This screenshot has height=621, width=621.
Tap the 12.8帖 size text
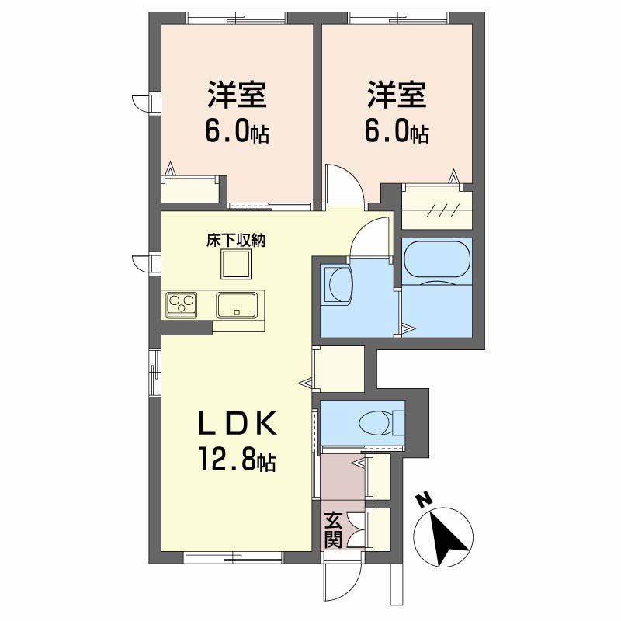pos(238,463)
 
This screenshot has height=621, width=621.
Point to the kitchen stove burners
pos(181,304)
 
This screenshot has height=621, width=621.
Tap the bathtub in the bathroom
pos(437,258)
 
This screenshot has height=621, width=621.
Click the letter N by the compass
pos(424,501)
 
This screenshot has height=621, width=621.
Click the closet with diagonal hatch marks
pos(437,207)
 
